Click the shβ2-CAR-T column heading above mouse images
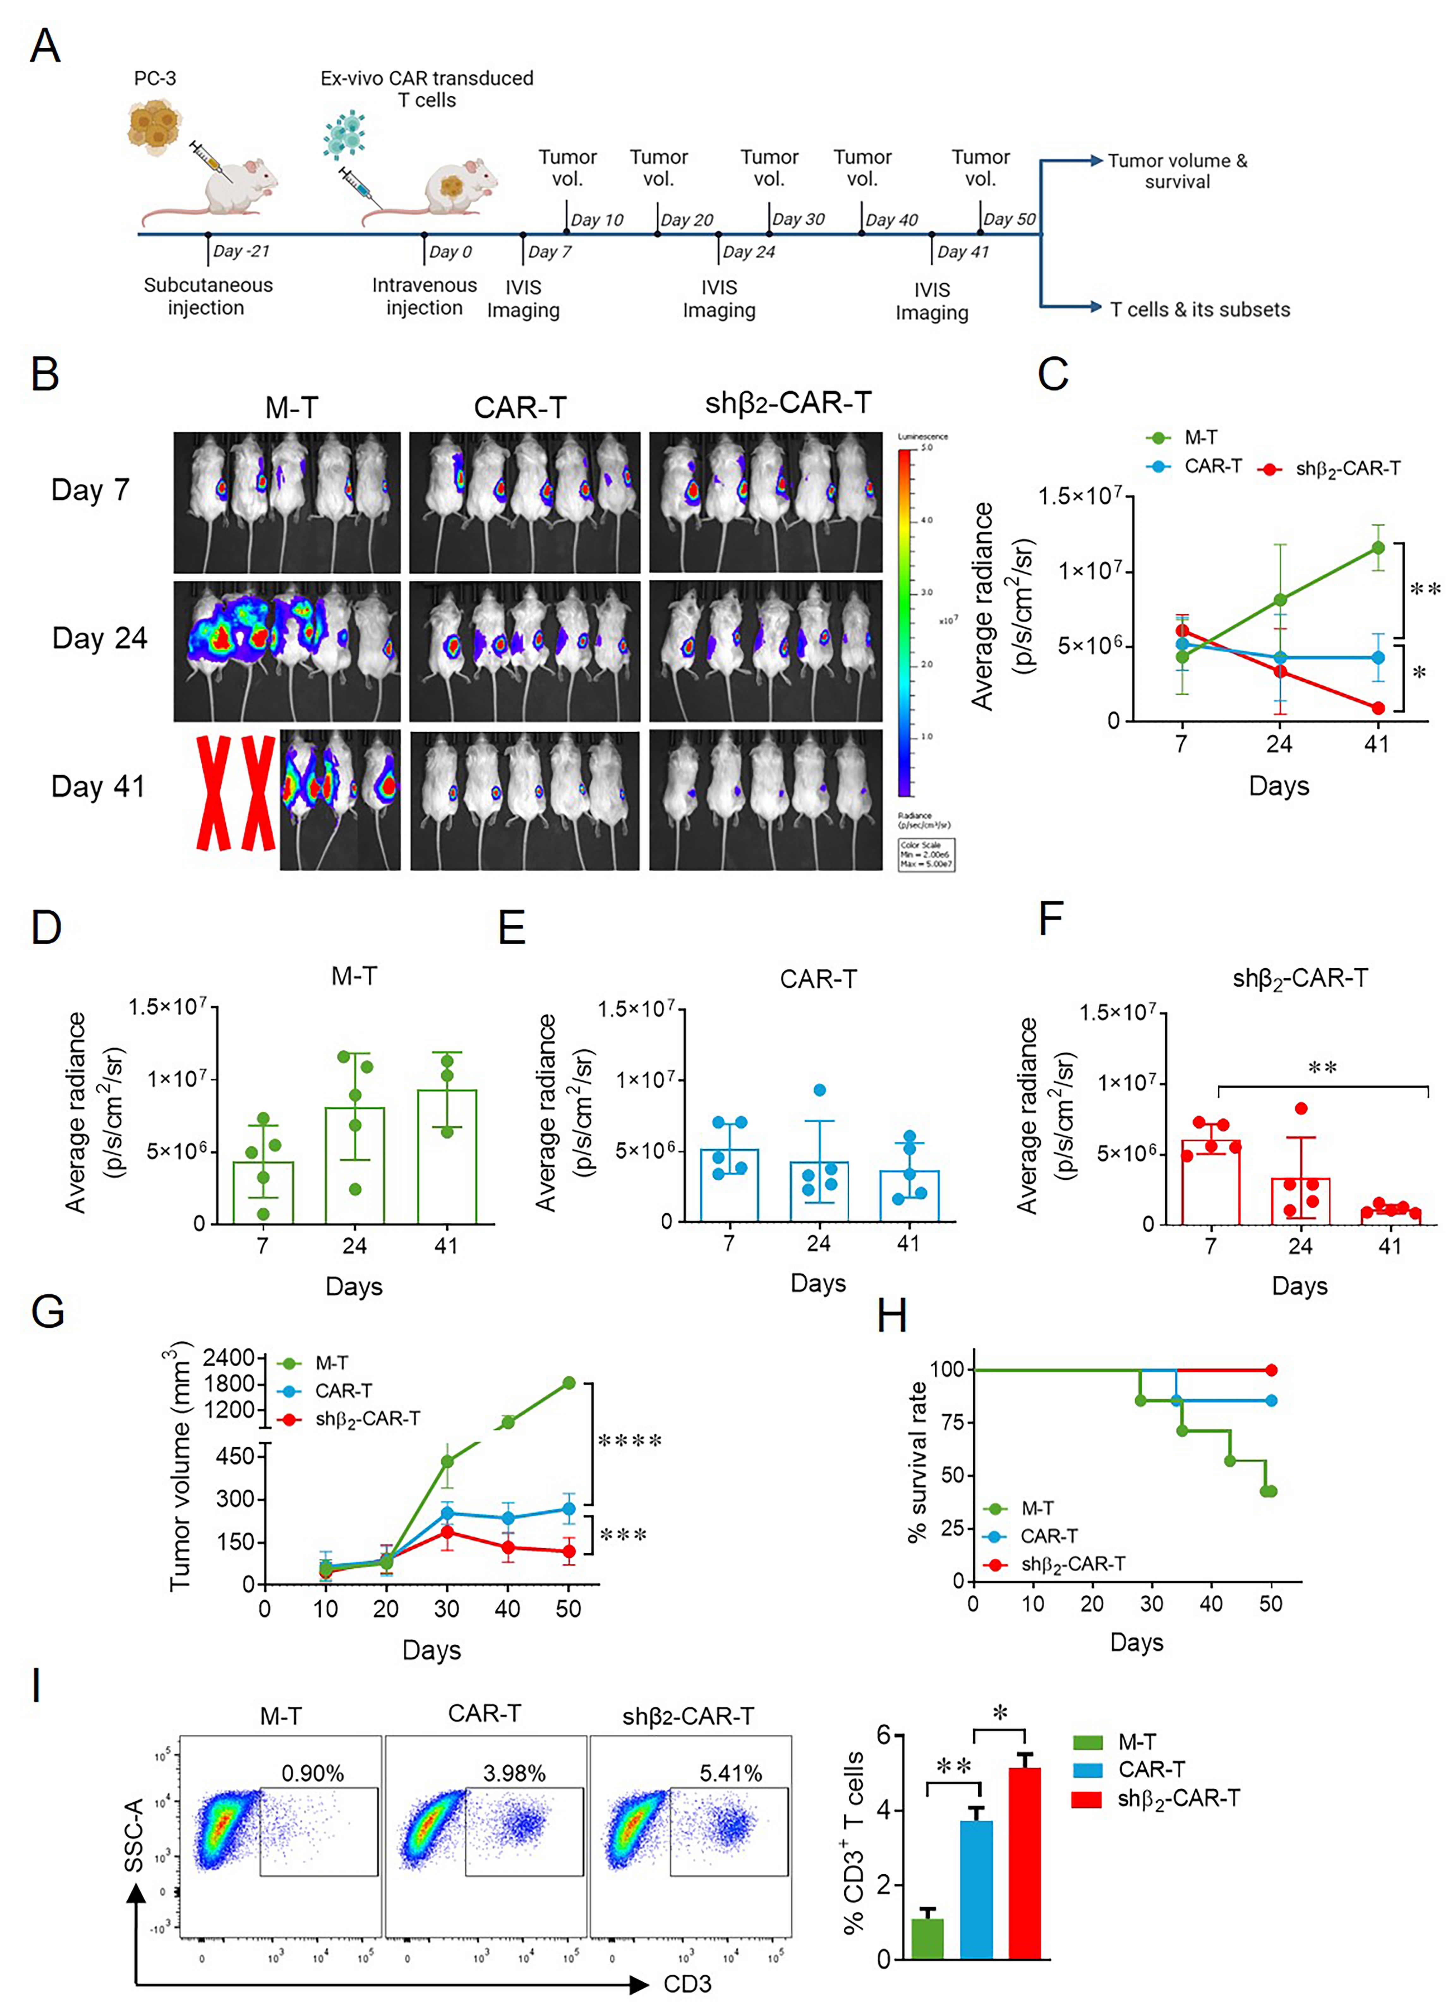click(788, 404)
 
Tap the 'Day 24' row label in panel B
click(100, 638)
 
